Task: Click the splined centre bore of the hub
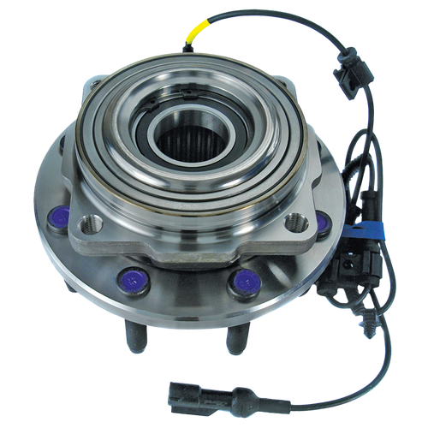click(x=190, y=139)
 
